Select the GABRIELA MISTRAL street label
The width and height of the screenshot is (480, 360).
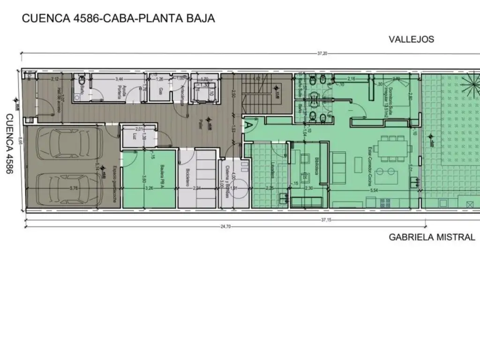432,237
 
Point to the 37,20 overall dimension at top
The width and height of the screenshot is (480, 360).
322,53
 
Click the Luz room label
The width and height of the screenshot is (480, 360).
135,136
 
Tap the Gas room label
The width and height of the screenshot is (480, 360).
160,90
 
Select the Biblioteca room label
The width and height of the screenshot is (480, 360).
317,165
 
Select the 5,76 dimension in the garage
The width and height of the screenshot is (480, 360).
73,188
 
